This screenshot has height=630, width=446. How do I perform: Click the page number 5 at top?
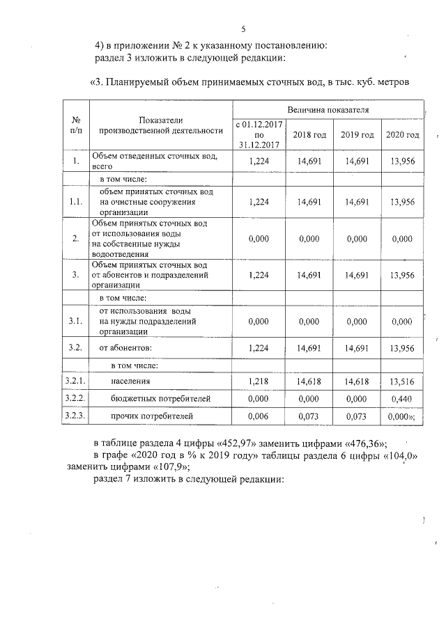[x=244, y=29]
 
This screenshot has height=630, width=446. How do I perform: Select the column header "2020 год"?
[x=402, y=134]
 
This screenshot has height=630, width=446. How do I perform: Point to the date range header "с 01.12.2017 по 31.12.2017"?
[x=257, y=134]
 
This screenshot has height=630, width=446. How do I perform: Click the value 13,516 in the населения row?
[x=402, y=382]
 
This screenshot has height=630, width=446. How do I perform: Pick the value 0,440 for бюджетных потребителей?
[x=402, y=399]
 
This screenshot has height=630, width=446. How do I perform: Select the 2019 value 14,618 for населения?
[x=356, y=381]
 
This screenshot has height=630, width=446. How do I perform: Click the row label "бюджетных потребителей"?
[x=151, y=399]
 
